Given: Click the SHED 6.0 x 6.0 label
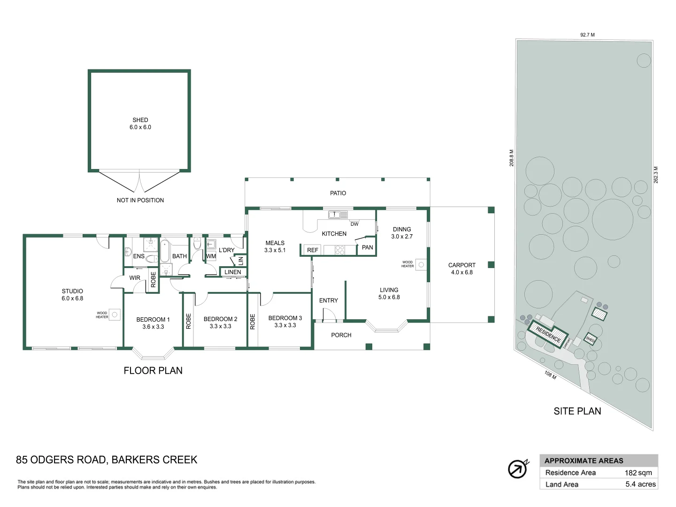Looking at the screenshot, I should [140, 123].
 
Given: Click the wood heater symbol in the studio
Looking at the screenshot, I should [115, 315].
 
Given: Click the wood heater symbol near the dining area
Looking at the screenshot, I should [421, 265].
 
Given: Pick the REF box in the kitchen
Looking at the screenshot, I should [313, 250].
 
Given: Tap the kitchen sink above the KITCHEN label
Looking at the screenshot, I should [338, 215].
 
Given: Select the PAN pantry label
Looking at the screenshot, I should [368, 247].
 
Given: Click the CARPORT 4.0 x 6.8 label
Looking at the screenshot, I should [462, 269].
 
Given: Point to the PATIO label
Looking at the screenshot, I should [338, 193].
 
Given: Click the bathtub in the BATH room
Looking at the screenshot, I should [165, 251].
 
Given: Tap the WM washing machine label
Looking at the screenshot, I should [211, 256].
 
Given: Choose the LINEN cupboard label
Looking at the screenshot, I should [233, 272].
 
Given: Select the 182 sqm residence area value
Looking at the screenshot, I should [638, 473].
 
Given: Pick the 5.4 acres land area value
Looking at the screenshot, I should [640, 484].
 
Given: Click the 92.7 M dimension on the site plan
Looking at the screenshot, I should [587, 35].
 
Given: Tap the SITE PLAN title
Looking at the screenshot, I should [577, 411].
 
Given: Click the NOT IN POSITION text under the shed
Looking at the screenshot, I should [140, 200].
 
